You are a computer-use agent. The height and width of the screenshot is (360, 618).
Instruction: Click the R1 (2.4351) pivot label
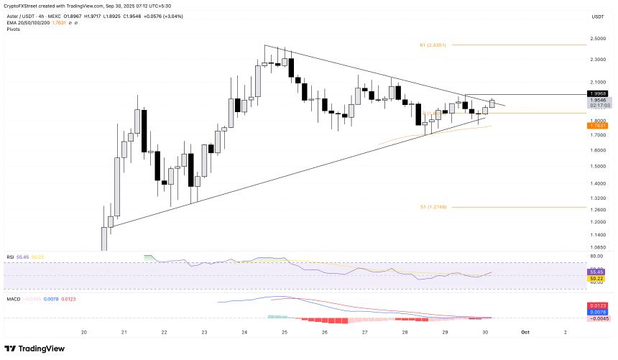click(x=433, y=45)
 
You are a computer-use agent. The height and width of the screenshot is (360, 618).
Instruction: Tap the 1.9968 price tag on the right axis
click(x=597, y=93)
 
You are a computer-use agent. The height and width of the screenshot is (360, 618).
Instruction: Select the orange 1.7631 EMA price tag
click(x=597, y=126)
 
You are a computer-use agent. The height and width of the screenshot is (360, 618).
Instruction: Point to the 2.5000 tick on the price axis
click(x=597, y=39)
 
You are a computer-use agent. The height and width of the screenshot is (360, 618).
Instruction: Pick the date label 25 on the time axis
click(x=284, y=332)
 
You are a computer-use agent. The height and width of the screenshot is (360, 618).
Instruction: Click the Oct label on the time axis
click(x=525, y=332)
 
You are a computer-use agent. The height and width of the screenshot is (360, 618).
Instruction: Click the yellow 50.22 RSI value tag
click(x=597, y=278)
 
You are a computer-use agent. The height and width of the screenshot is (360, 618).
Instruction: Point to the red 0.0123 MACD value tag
click(x=597, y=305)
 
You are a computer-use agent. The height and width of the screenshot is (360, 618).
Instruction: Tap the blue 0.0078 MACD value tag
click(x=597, y=312)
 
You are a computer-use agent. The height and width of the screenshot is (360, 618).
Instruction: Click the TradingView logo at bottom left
click(x=36, y=349)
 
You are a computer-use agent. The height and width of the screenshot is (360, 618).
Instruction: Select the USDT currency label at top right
click(x=597, y=16)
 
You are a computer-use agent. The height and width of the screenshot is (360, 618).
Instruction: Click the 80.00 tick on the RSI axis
click(x=596, y=256)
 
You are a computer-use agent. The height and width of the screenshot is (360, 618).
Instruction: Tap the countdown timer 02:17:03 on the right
click(x=597, y=105)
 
